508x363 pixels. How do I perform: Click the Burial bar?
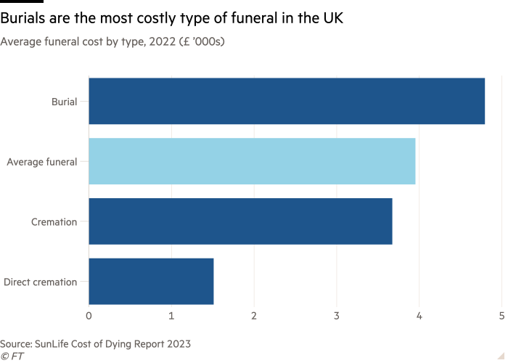coord(287,102)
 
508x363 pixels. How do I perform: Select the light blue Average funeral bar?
coord(252,161)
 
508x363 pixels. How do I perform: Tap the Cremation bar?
coord(240,221)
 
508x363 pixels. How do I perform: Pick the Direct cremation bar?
coord(151,281)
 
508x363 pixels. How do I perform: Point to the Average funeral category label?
coord(41,161)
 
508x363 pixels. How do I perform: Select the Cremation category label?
coord(54,221)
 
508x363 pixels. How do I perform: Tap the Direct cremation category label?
coord(41,282)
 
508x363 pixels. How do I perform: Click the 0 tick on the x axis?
coord(89,316)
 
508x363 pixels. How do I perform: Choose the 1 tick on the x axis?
coord(171,316)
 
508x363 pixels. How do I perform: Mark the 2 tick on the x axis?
coord(254,316)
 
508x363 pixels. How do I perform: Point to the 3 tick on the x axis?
coord(337,316)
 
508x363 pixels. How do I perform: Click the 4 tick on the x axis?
coord(419,316)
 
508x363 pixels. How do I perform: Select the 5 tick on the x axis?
coord(501,316)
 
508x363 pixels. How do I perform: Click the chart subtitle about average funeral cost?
coord(112,42)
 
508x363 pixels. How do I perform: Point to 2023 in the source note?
coord(179,343)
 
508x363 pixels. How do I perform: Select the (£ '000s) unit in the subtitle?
coord(200,42)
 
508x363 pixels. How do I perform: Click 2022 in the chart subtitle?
coord(161,42)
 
